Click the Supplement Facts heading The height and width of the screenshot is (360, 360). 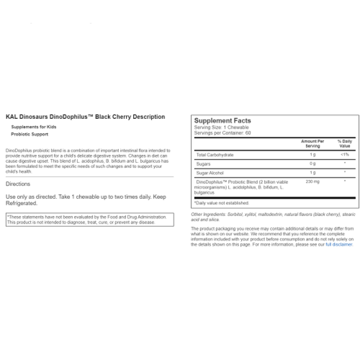222,121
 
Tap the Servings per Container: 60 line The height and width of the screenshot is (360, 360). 222,133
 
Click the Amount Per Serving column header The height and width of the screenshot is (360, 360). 312,144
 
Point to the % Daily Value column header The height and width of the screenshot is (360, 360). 345,144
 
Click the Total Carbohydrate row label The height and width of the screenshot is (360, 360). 215,155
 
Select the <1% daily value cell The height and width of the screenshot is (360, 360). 345,155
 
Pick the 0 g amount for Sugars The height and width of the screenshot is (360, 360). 312,164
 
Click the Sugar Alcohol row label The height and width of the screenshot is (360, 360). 210,173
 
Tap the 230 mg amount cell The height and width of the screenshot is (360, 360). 312,182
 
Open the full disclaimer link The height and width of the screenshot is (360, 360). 339,244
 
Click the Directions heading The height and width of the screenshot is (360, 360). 18,184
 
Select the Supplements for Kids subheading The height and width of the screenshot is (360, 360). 34,127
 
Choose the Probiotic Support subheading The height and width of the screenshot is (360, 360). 30,134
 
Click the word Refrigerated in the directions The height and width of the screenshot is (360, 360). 22,203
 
